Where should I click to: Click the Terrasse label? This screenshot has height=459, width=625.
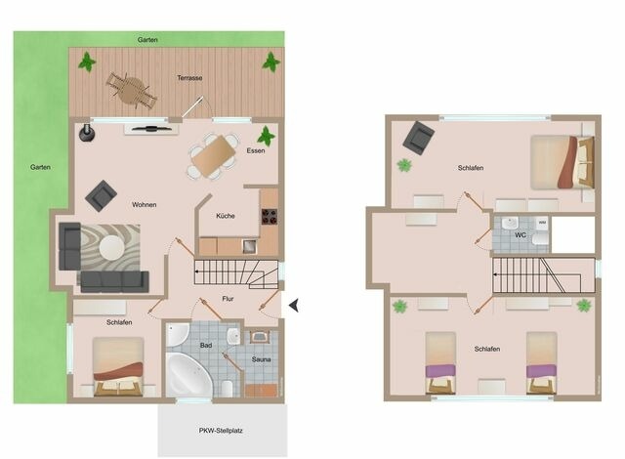click(x=189, y=77)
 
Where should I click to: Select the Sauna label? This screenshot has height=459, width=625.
click(x=262, y=360)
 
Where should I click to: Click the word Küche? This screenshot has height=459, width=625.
click(x=225, y=216)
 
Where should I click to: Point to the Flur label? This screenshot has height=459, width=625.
click(x=228, y=299)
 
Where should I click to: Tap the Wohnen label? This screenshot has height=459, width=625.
click(x=145, y=204)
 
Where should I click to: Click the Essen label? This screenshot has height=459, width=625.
click(x=256, y=151)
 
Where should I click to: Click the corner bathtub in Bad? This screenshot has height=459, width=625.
click(x=189, y=372)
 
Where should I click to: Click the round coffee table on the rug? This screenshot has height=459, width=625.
click(x=109, y=246)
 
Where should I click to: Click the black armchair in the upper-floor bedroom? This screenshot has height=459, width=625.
click(x=420, y=137)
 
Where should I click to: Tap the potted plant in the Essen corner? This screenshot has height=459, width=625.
click(x=266, y=137)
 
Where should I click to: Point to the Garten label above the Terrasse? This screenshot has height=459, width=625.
click(x=147, y=40)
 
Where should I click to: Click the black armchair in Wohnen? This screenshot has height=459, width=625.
click(x=100, y=196)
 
